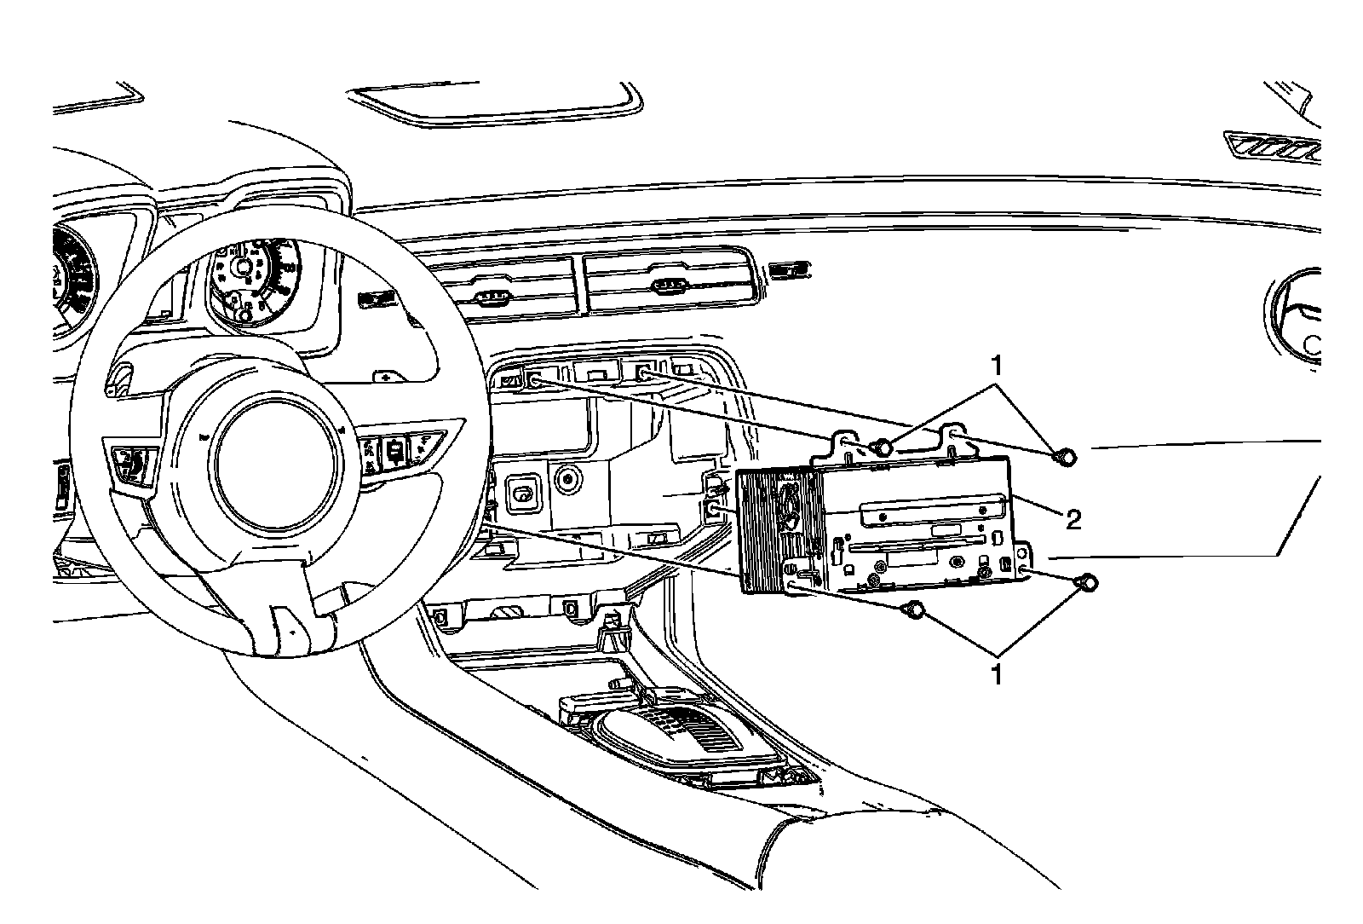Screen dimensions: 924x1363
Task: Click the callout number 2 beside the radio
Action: [x=1073, y=519]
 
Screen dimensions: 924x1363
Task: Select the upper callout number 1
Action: [x=994, y=367]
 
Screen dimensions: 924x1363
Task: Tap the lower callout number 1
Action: [x=994, y=675]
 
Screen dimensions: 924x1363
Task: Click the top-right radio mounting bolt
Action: [x=1064, y=458]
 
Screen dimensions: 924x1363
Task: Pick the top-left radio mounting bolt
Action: [x=883, y=446]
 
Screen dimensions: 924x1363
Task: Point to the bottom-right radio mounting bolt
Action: [x=1088, y=583]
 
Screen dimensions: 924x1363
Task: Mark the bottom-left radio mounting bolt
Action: [x=913, y=609]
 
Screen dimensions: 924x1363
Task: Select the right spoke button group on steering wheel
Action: [x=396, y=448]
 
